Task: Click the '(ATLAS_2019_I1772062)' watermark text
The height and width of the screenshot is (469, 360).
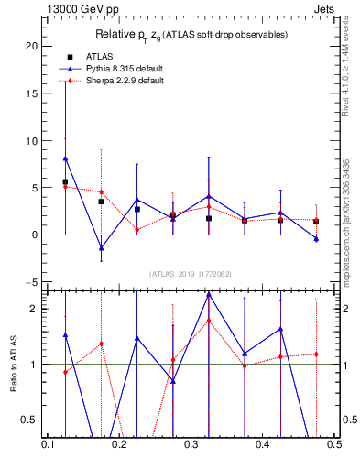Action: pos(190,273)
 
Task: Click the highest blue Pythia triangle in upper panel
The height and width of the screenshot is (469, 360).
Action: pos(65,158)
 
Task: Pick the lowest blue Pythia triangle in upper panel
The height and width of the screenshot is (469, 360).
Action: pos(101,248)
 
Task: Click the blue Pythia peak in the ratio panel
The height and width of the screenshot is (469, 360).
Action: pos(209,294)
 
